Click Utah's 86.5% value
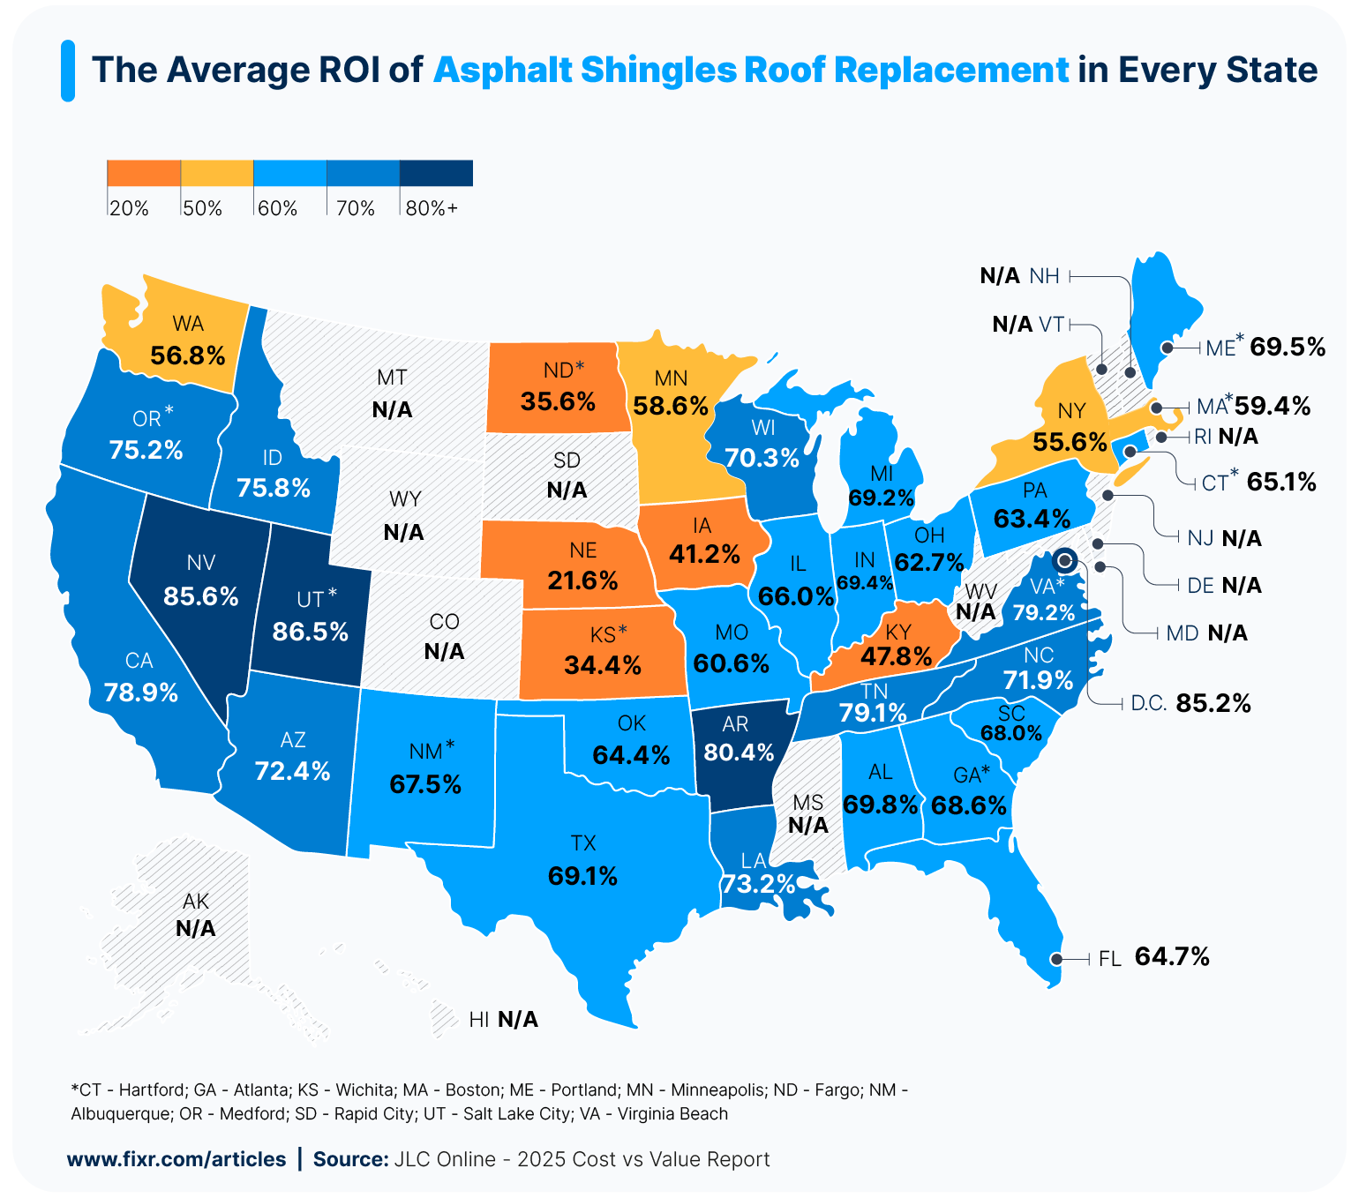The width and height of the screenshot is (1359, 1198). pos(310,632)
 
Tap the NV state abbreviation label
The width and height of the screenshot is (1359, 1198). pos(201,563)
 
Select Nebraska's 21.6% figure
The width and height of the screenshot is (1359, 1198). pos(582,580)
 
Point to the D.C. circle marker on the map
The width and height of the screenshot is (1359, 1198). pos(1065,559)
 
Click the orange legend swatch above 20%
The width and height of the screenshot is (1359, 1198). pos(144,173)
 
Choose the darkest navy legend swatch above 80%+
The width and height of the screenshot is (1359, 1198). pos(436,173)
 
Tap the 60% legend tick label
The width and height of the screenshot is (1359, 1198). pos(277,208)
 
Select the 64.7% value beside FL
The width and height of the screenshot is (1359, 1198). pos(1172,957)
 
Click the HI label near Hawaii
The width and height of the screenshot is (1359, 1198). pos(479,1020)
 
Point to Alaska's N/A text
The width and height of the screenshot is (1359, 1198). pos(196,928)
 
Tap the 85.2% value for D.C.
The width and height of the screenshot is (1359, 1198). pos(1213,703)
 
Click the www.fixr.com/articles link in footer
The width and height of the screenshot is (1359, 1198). pos(176,1159)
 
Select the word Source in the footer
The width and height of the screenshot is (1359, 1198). pos(349,1159)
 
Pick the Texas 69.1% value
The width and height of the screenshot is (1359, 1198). pos(582,876)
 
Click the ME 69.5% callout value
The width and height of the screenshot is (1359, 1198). pos(1288,347)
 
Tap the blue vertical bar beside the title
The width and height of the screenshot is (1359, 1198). pos(68,71)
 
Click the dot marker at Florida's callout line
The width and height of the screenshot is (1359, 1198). pos(1055,959)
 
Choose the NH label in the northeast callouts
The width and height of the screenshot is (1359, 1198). pos(1044,276)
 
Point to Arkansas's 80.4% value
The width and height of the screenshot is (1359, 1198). pos(739,752)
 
